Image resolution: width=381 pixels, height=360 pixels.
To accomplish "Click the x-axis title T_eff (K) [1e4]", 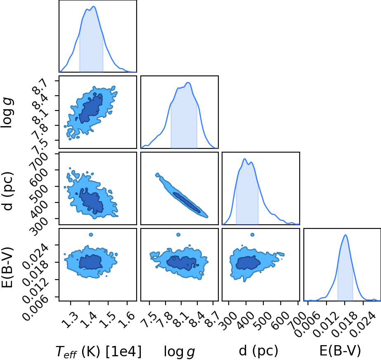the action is click(x=99, y=351).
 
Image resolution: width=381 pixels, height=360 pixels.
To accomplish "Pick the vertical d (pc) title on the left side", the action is click(x=7, y=191).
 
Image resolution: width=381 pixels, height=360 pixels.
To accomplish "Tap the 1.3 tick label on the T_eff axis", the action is click(x=69, y=320).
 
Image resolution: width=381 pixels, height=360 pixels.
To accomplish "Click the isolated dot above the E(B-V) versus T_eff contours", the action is click(x=91, y=235).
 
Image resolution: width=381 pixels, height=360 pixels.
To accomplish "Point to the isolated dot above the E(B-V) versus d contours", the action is click(x=252, y=235).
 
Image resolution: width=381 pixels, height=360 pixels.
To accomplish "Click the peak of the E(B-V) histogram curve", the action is click(x=345, y=235).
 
